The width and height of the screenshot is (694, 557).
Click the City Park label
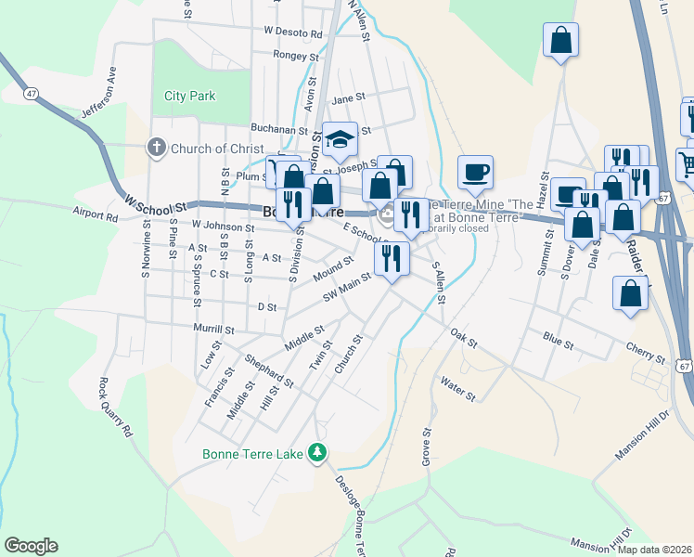(x=189, y=96)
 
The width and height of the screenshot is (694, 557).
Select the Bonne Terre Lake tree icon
(x=318, y=451)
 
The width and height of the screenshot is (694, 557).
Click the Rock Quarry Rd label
(x=117, y=407)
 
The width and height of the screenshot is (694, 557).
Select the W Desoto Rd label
(x=292, y=32)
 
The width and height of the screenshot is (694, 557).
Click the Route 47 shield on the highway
(x=32, y=94)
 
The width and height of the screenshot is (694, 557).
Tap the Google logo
(x=31, y=546)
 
